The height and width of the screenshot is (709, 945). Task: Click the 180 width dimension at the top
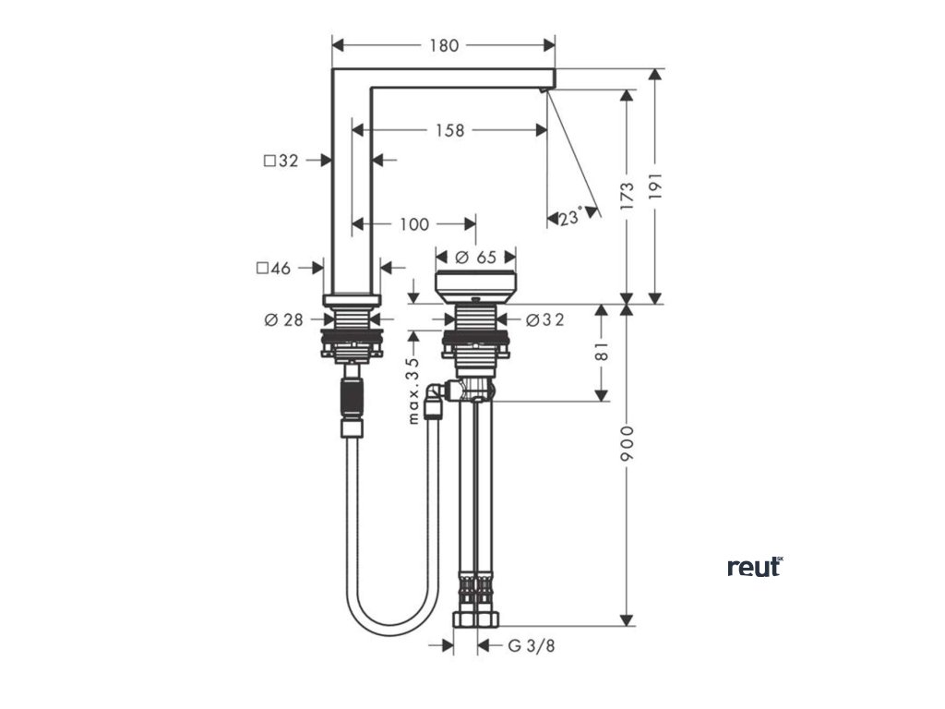pyautogui.click(x=444, y=45)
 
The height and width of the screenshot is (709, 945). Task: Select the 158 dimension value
pyautogui.click(x=449, y=130)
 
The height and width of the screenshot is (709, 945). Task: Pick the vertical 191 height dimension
pyautogui.click(x=656, y=187)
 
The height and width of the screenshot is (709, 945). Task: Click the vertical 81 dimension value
pyautogui.click(x=602, y=352)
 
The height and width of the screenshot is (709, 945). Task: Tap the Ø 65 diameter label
pyautogui.click(x=475, y=257)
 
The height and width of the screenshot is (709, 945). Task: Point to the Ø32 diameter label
pyautogui.click(x=544, y=319)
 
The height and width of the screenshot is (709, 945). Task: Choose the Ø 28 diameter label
pyautogui.click(x=283, y=319)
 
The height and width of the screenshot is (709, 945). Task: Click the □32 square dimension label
pyautogui.click(x=281, y=161)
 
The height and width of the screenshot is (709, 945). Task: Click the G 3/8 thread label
pyautogui.click(x=532, y=645)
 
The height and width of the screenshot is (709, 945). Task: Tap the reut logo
pyautogui.click(x=755, y=566)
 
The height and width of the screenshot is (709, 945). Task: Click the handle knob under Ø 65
pyautogui.click(x=475, y=287)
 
